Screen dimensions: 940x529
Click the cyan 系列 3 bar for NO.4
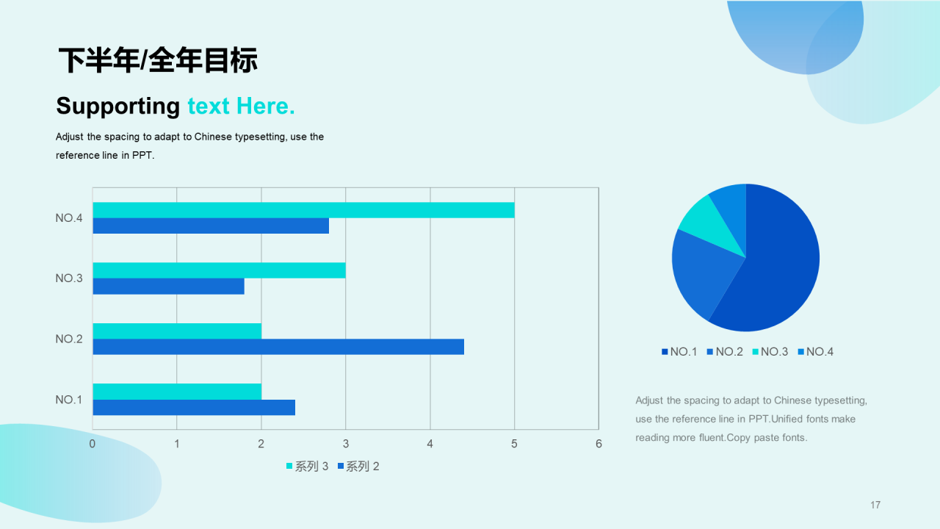pos(303,210)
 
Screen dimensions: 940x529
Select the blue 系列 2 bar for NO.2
pos(278,347)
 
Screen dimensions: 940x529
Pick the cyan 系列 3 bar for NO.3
pos(219,270)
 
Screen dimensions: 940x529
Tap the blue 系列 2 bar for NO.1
pos(194,407)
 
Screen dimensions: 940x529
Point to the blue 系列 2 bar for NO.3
pos(168,287)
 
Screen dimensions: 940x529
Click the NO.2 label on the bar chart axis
pos(69,339)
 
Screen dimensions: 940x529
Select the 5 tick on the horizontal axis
pos(514,444)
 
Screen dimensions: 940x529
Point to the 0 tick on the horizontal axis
pos(93,444)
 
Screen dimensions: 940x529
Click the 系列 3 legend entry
pos(307,466)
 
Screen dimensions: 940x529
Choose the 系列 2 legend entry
pos(358,466)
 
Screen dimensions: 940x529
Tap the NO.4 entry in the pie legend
pos(815,352)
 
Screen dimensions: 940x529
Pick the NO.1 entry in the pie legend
pos(679,352)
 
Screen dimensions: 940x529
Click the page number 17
pos(875,505)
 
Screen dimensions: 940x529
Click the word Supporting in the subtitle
pos(118,107)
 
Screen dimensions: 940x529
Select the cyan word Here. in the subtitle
pos(266,106)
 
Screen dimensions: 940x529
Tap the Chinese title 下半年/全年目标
pos(158,60)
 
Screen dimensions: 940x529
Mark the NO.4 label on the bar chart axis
pos(69,218)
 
